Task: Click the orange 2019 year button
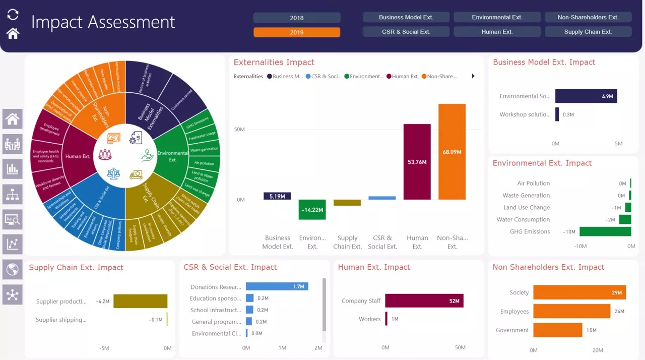(297, 32)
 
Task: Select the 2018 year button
(297, 18)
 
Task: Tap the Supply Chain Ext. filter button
(588, 32)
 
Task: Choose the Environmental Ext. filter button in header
(497, 17)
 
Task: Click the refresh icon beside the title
(13, 15)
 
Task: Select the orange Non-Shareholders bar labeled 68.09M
(452, 152)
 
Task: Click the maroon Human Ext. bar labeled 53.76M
(417, 162)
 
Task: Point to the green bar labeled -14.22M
(312, 209)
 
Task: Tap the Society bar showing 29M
(579, 292)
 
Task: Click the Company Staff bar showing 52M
(424, 301)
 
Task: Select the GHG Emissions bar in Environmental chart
(605, 231)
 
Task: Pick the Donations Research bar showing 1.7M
(277, 286)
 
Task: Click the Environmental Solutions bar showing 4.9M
(586, 96)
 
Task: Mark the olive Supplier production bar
(140, 301)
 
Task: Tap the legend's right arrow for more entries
(473, 76)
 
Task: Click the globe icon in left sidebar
(13, 269)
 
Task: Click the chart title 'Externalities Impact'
(274, 63)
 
